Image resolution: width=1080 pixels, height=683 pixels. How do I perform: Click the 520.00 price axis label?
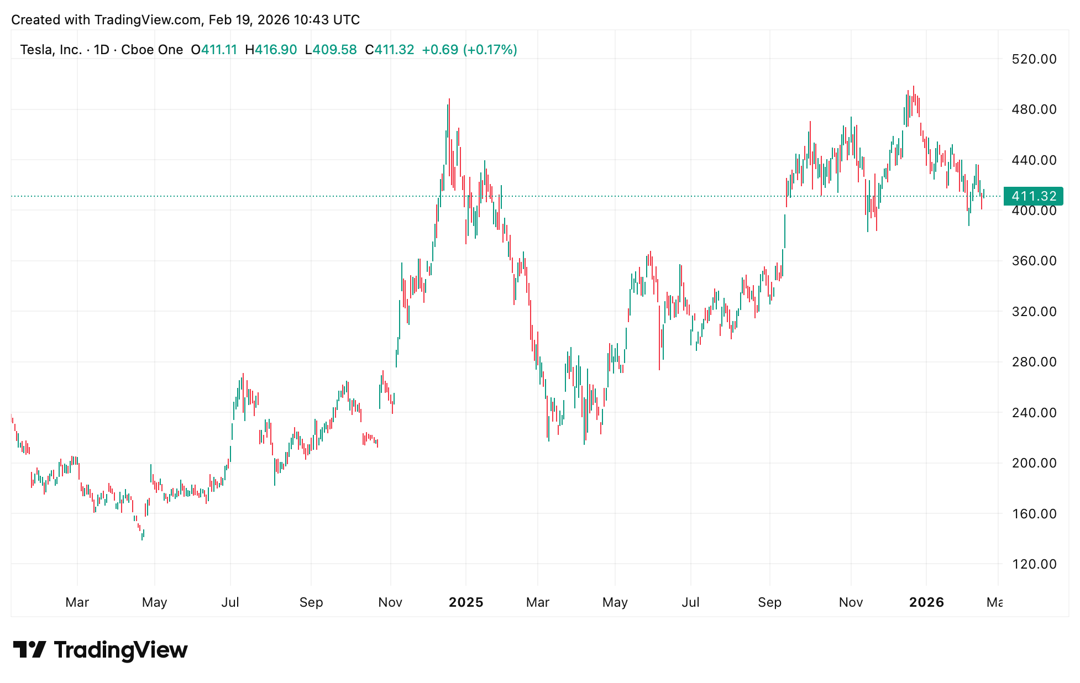[1034, 59]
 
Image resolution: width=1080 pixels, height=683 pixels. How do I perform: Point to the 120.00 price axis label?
[1034, 564]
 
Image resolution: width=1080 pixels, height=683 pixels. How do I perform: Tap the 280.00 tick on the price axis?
[1034, 362]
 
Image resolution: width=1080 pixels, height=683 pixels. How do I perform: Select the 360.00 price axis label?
[1034, 261]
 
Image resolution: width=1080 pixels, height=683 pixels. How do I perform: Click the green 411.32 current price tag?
[1034, 196]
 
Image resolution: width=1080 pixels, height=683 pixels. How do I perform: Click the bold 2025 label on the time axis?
[466, 602]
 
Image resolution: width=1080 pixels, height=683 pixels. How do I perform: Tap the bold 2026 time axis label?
[926, 602]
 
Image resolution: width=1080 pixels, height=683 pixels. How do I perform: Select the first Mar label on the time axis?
[77, 602]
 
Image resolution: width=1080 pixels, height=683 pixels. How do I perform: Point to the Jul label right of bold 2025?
[690, 602]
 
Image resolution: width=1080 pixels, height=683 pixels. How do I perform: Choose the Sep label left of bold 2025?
[311, 602]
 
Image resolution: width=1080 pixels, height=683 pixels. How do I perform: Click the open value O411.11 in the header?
[214, 50]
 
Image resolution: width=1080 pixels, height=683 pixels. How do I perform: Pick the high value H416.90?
[271, 50]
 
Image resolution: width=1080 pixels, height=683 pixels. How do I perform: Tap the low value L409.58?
[331, 50]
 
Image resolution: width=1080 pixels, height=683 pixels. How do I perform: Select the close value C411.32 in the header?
[390, 50]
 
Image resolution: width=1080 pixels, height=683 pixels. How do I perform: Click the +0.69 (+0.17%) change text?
[469, 50]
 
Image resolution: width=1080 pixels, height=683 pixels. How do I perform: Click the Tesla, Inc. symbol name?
[51, 50]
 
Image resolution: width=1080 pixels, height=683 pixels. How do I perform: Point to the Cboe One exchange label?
[152, 50]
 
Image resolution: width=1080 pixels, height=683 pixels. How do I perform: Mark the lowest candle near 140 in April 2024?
[142, 537]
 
